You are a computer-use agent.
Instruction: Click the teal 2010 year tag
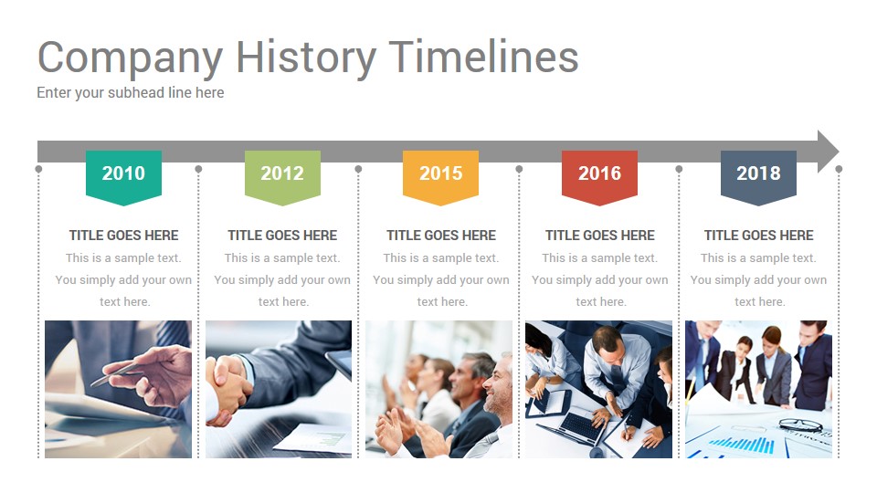(123, 173)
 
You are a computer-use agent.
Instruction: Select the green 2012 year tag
(282, 173)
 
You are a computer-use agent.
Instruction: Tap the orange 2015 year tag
(440, 173)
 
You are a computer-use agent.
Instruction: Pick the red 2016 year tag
(599, 173)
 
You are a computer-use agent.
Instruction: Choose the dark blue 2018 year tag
(758, 173)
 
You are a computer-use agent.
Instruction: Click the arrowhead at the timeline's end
(827, 152)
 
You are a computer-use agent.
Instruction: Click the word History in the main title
(305, 58)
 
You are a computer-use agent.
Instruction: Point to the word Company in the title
(130, 58)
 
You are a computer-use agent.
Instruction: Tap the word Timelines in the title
(483, 58)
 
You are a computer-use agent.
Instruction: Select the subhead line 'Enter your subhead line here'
(130, 92)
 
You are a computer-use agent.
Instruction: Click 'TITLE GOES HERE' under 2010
(123, 236)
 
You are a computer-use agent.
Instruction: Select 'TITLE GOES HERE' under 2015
(440, 236)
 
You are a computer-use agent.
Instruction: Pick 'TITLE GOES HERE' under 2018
(758, 236)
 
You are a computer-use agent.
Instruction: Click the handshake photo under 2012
(279, 389)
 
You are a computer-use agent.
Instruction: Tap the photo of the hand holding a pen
(118, 389)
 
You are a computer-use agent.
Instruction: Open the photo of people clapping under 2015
(439, 389)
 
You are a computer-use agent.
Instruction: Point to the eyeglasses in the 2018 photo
(800, 425)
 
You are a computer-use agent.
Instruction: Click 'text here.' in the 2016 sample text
(599, 302)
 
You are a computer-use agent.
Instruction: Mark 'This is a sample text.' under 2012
(282, 258)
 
